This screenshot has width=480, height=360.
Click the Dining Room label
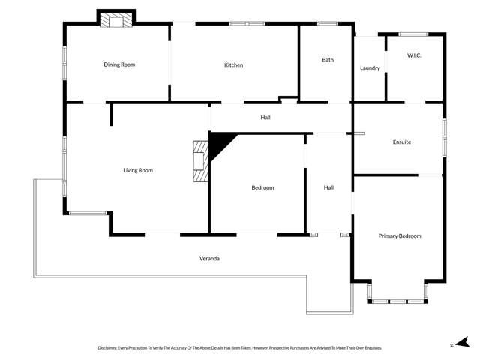pos(119,64)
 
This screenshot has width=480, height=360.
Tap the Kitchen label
pos(234,65)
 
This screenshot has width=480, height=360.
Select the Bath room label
pos(328,60)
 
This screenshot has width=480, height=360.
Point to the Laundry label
pos(370,68)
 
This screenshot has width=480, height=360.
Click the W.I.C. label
pos(415,55)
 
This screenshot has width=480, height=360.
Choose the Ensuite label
pos(402,142)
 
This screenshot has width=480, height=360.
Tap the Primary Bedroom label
pos(400,236)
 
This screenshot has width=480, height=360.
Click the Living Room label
pos(138,170)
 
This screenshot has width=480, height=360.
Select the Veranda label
pos(209,259)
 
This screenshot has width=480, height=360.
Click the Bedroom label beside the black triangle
pos(262,187)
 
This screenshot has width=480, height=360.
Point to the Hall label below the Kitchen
pos(265,118)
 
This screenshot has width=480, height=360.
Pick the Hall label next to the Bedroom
pos(328,187)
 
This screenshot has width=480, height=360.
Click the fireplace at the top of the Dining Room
pos(116,20)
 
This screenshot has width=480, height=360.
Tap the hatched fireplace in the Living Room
pos(200,161)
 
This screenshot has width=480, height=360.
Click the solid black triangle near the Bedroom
pos(219,145)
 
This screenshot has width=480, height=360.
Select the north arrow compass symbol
pos(464,342)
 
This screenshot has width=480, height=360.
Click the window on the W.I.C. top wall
pos(413,34)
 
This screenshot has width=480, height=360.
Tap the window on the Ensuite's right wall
pos(443,138)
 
